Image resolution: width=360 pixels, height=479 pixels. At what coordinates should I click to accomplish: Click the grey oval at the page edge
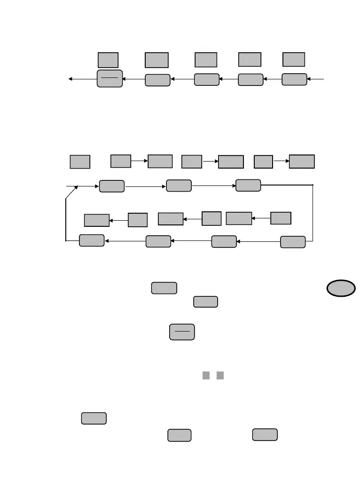pos(342,288)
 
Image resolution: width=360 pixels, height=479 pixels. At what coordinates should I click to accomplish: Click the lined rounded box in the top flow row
pos(110,78)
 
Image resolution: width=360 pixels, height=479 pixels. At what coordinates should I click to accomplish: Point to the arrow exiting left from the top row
pos(83,79)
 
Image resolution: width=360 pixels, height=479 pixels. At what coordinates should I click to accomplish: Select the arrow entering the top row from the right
pos(315,79)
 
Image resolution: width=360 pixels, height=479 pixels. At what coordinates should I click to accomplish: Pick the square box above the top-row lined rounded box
pos(108,60)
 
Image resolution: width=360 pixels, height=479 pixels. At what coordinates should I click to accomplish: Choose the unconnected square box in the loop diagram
pos(80,162)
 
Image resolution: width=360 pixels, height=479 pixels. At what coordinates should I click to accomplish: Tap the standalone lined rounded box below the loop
pos(182,331)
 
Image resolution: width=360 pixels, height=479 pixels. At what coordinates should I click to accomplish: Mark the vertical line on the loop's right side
pos(313,213)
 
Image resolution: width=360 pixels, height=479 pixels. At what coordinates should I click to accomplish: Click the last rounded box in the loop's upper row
pos(248,185)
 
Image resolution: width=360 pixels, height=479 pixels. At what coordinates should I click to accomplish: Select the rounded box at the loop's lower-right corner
pos(292,242)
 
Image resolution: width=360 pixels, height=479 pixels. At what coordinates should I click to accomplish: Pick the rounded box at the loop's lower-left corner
pos(92,240)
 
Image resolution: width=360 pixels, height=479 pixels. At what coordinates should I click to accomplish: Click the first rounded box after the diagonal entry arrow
pos(112,186)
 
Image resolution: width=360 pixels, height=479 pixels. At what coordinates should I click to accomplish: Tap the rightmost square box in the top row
pos(294,59)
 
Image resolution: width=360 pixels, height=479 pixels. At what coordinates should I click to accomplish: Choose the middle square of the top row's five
pos(206,60)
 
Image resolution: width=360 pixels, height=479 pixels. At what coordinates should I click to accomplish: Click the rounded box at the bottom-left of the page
pos(94,418)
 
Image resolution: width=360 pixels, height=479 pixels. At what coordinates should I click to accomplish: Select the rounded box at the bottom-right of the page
pos(265,434)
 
